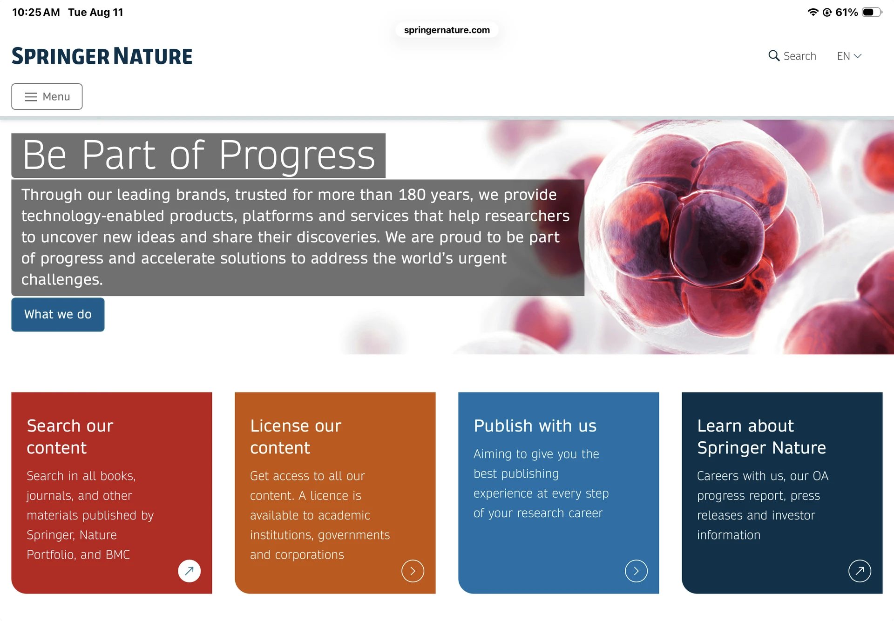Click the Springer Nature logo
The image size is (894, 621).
tap(102, 56)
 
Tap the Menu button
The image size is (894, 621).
tap(47, 96)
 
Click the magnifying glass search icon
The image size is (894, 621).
tap(773, 56)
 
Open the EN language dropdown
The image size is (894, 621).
tap(849, 56)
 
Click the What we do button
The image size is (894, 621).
tap(58, 314)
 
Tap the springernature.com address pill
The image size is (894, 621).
tap(447, 30)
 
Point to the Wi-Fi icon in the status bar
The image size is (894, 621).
tap(813, 12)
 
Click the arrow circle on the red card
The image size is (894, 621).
tap(189, 571)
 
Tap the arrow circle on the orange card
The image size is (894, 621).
tap(413, 571)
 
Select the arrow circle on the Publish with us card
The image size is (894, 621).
tap(636, 571)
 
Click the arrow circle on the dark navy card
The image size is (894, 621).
tap(860, 571)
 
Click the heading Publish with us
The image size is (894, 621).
tap(535, 426)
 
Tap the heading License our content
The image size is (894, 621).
tap(296, 437)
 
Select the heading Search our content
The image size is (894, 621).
tap(70, 437)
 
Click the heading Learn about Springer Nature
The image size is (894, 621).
tap(761, 437)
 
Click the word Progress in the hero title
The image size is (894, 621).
tap(297, 155)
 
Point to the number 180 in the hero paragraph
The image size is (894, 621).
tap(412, 195)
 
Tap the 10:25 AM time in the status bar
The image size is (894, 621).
tap(36, 12)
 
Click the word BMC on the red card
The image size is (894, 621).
tap(118, 554)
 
